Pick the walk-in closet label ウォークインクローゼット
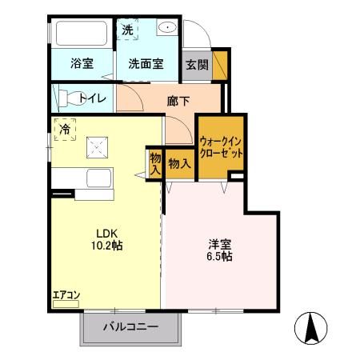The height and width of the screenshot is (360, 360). [x=220, y=146]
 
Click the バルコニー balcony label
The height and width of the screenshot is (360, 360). [x=130, y=327]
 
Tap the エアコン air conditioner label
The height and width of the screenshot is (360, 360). [x=66, y=295]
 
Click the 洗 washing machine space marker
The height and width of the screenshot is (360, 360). [x=128, y=30]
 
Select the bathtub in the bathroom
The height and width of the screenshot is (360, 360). [x=80, y=34]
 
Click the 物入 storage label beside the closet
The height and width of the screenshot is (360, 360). [x=179, y=164]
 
